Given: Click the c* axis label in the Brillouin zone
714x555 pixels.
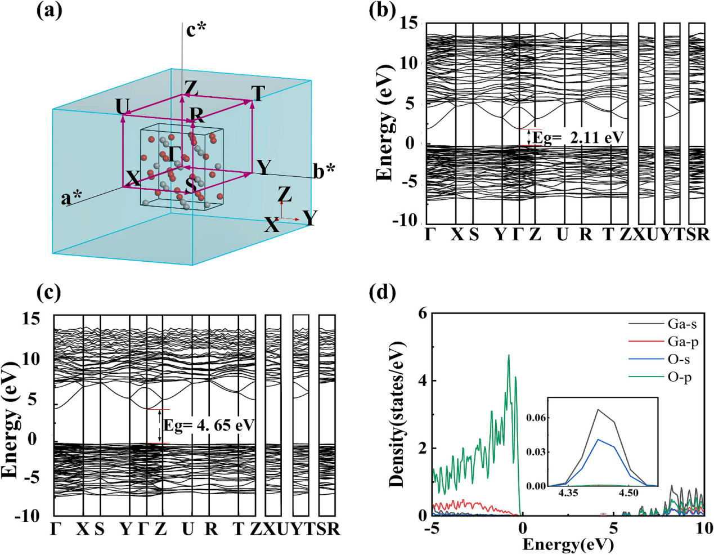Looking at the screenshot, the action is coord(196,30).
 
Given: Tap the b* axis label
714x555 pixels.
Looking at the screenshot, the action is coord(325,171).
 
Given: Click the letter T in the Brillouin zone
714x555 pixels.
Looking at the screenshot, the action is coord(258,93).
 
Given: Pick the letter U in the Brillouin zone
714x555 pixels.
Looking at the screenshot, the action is coord(122,106).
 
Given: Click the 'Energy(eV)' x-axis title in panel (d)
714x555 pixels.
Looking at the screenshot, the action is coord(568,544).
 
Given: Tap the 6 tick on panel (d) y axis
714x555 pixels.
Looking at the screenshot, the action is coord(422,314).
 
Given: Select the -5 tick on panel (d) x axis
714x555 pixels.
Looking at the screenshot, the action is coord(432,530).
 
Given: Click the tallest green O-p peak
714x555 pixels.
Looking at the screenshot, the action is coord(509,355).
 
